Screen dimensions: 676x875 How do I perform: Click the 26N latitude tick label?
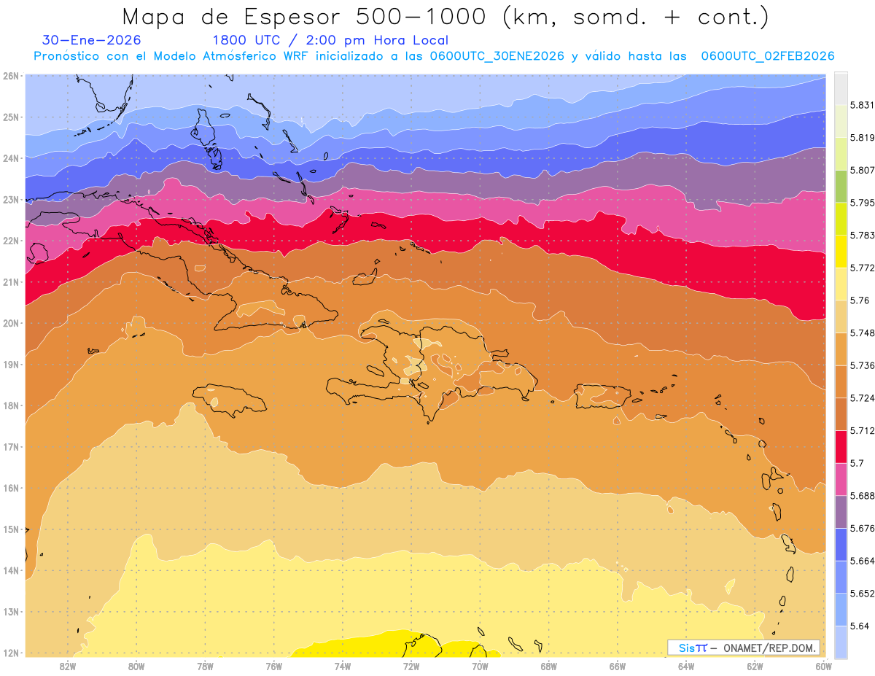click(x=11, y=75)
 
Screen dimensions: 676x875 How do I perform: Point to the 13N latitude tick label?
click(x=11, y=612)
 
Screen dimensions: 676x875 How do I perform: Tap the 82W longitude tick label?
click(x=68, y=666)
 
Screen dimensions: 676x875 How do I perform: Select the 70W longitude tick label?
click(x=480, y=666)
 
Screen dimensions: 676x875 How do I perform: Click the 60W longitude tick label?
click(x=824, y=666)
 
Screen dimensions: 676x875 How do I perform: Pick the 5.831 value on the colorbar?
click(x=860, y=105)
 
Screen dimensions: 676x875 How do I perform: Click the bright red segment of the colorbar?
click(x=841, y=446)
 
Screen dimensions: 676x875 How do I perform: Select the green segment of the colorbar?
click(x=841, y=186)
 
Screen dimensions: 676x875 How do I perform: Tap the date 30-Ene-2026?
click(x=92, y=40)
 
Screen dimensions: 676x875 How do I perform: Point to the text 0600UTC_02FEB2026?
click(x=767, y=56)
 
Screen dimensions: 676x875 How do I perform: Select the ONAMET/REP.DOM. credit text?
click(x=769, y=648)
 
